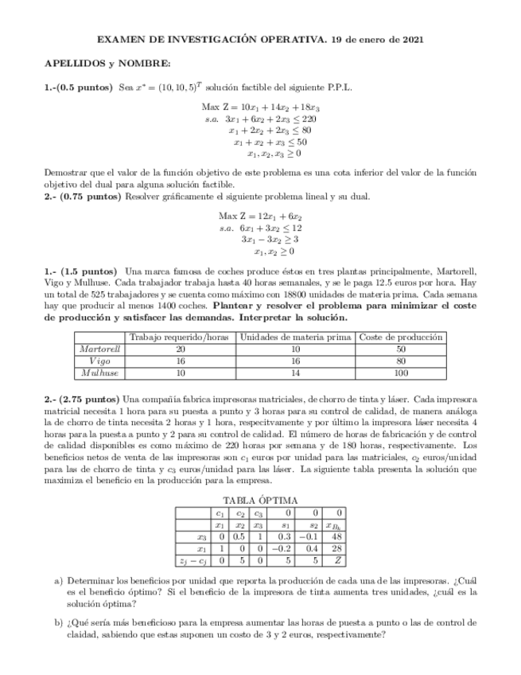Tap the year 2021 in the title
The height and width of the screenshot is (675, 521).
click(410, 39)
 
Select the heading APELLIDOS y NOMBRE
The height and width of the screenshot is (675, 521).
click(107, 63)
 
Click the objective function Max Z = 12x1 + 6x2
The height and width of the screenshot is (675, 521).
click(260, 216)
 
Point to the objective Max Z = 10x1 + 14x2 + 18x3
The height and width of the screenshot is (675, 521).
click(260, 107)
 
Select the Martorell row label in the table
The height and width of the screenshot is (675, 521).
click(101, 349)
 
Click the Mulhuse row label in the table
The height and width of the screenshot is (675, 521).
click(101, 373)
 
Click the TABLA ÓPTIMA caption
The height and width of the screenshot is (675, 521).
click(260, 500)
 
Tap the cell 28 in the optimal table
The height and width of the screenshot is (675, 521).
click(338, 548)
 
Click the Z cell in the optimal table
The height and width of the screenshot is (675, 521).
click(338, 560)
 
